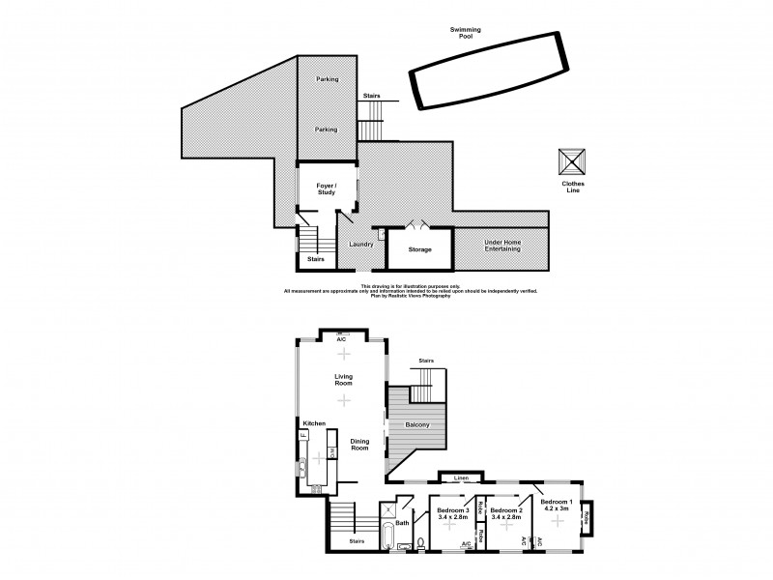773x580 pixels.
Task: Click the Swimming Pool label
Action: [466, 33]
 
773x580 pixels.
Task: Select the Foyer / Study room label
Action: [327, 190]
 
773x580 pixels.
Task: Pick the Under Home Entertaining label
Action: [501, 246]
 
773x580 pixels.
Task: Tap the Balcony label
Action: [417, 425]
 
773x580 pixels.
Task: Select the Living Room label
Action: [341, 379]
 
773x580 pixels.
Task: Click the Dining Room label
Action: [359, 446]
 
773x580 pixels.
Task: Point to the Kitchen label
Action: [315, 423]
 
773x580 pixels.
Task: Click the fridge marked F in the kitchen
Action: [302, 437]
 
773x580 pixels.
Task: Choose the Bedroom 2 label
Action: [505, 511]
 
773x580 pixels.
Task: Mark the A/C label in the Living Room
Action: [341, 340]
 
